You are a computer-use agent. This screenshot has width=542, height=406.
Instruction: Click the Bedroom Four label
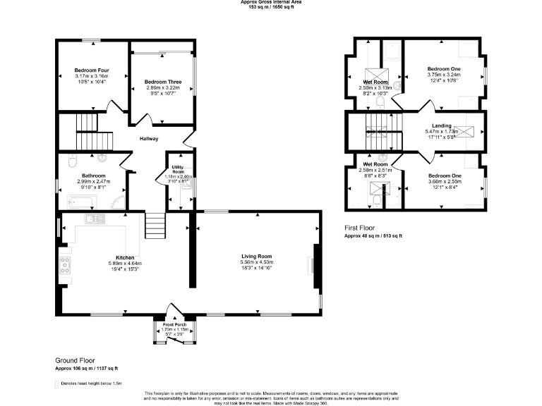(x=92, y=70)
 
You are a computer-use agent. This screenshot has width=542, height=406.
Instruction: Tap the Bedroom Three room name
(x=163, y=82)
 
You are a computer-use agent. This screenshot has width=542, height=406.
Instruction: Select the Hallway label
(x=148, y=139)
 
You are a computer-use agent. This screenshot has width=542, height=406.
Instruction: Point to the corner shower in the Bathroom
(x=118, y=204)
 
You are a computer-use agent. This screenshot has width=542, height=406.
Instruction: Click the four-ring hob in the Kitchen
(x=65, y=265)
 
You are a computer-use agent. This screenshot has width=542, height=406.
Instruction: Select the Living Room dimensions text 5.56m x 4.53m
(x=256, y=262)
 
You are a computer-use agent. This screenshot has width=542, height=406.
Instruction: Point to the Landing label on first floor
(x=442, y=126)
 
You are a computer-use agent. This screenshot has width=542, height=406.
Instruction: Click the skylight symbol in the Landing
(x=464, y=131)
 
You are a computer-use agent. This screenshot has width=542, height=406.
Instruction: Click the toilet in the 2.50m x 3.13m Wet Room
(x=380, y=102)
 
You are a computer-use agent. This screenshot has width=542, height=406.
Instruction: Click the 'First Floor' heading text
(x=359, y=228)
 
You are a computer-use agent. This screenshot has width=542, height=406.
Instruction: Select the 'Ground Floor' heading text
(x=75, y=360)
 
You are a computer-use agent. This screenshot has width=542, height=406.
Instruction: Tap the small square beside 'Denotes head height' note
(x=57, y=383)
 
